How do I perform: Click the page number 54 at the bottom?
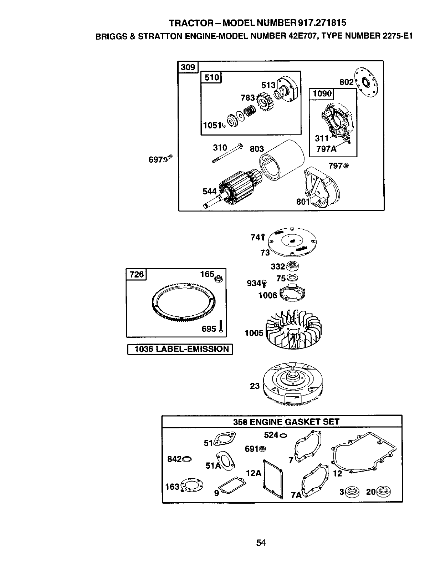click(261, 543)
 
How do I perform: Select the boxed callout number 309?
click(188, 67)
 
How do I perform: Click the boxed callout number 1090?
click(322, 93)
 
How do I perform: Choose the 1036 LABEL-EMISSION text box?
click(180, 349)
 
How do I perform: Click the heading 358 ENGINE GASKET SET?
click(286, 422)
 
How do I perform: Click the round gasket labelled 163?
click(193, 485)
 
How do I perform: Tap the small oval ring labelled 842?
click(186, 459)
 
